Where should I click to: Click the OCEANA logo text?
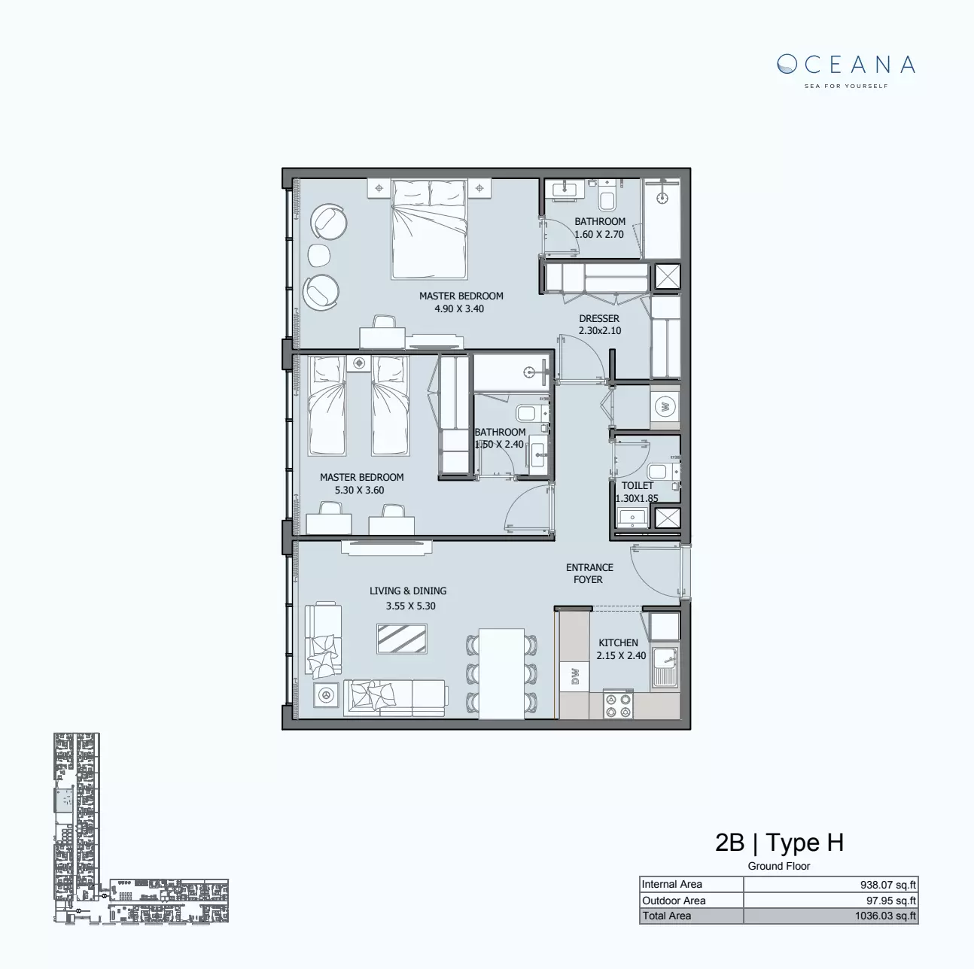point(846,65)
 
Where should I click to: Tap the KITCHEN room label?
point(618,642)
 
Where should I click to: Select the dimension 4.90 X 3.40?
point(459,308)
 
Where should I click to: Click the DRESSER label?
point(599,318)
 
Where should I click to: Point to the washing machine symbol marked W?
point(665,408)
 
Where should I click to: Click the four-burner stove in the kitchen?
point(618,704)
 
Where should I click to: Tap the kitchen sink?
point(665,666)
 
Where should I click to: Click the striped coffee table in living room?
point(403,639)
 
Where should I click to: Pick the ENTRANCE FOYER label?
point(589,573)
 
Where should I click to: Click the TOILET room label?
point(637,485)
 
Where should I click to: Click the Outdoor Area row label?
point(674,901)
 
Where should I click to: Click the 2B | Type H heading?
point(779,843)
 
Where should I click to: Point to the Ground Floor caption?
point(779,866)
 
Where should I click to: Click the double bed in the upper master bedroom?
point(428,229)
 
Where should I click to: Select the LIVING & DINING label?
point(408,591)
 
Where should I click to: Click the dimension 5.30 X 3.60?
point(359,490)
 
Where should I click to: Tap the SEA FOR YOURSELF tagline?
point(846,86)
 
